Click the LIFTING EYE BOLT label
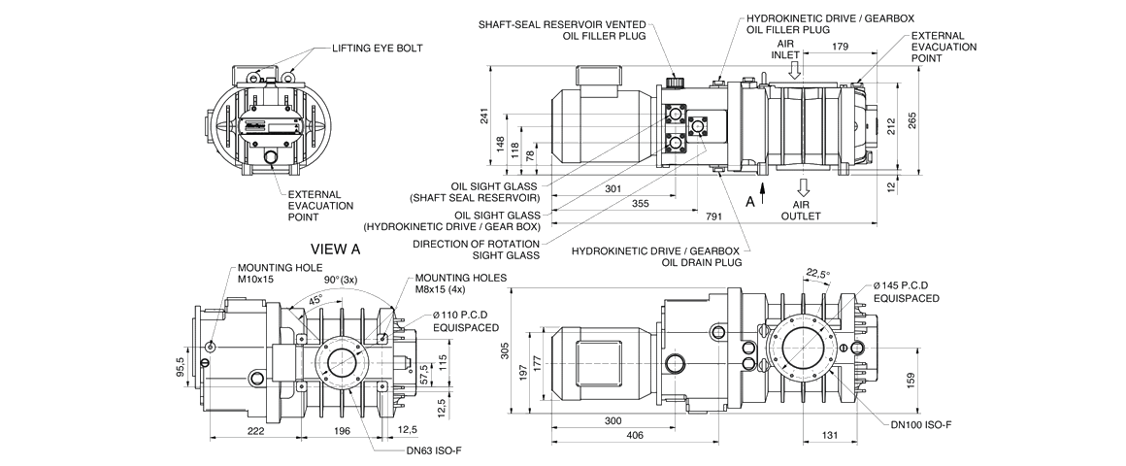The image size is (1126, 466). pyautogui.click(x=379, y=48)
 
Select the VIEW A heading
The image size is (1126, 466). pyautogui.click(x=335, y=249)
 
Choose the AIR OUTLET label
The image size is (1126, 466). pyautogui.click(x=802, y=210)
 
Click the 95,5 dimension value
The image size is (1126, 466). pyautogui.click(x=181, y=374)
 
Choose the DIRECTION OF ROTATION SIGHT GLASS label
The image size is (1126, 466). pyautogui.click(x=476, y=250)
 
